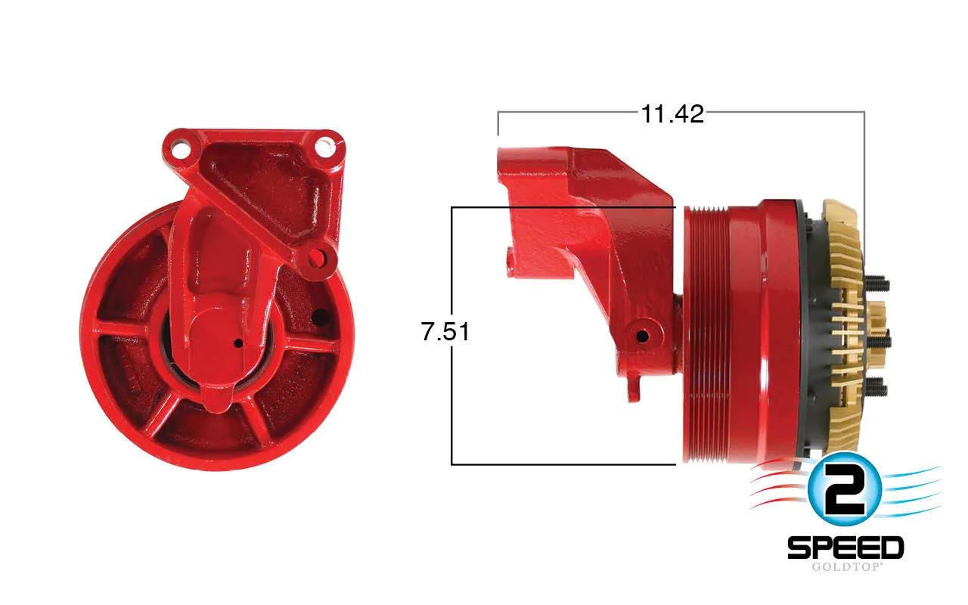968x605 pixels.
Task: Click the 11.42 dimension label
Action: [x=672, y=114]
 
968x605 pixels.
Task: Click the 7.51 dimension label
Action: [x=445, y=332]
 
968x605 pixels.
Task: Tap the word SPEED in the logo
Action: [x=845, y=548]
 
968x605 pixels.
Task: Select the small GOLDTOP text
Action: [x=845, y=567]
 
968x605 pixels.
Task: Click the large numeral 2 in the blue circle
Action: [x=844, y=489]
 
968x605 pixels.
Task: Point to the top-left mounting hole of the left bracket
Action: [x=178, y=150]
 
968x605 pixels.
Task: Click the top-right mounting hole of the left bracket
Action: [x=324, y=147]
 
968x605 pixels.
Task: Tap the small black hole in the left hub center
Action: [x=237, y=343]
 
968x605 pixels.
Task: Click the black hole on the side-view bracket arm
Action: [x=642, y=336]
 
